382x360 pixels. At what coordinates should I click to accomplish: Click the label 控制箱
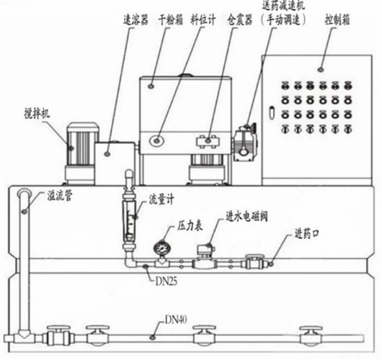337,19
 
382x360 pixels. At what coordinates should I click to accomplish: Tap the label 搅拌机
37,114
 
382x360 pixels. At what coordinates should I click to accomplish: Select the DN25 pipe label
166,282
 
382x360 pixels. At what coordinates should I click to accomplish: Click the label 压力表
190,226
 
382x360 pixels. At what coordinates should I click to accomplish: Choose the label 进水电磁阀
246,216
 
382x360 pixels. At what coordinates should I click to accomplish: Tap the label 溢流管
60,196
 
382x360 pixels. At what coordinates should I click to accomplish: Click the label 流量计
161,199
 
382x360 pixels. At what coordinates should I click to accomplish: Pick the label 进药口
307,233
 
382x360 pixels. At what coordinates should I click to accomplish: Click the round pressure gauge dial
161,248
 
